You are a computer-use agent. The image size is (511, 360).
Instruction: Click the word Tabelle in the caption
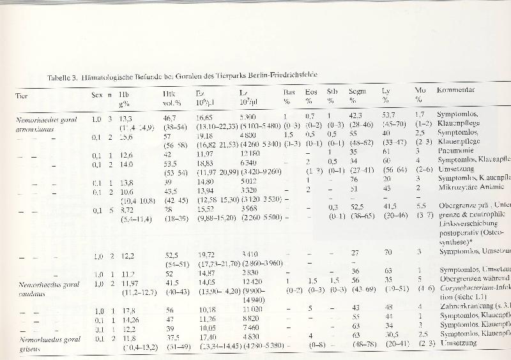[61, 77]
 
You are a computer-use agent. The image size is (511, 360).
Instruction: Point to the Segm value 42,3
[356, 115]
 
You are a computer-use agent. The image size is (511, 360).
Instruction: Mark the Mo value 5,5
[420, 206]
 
